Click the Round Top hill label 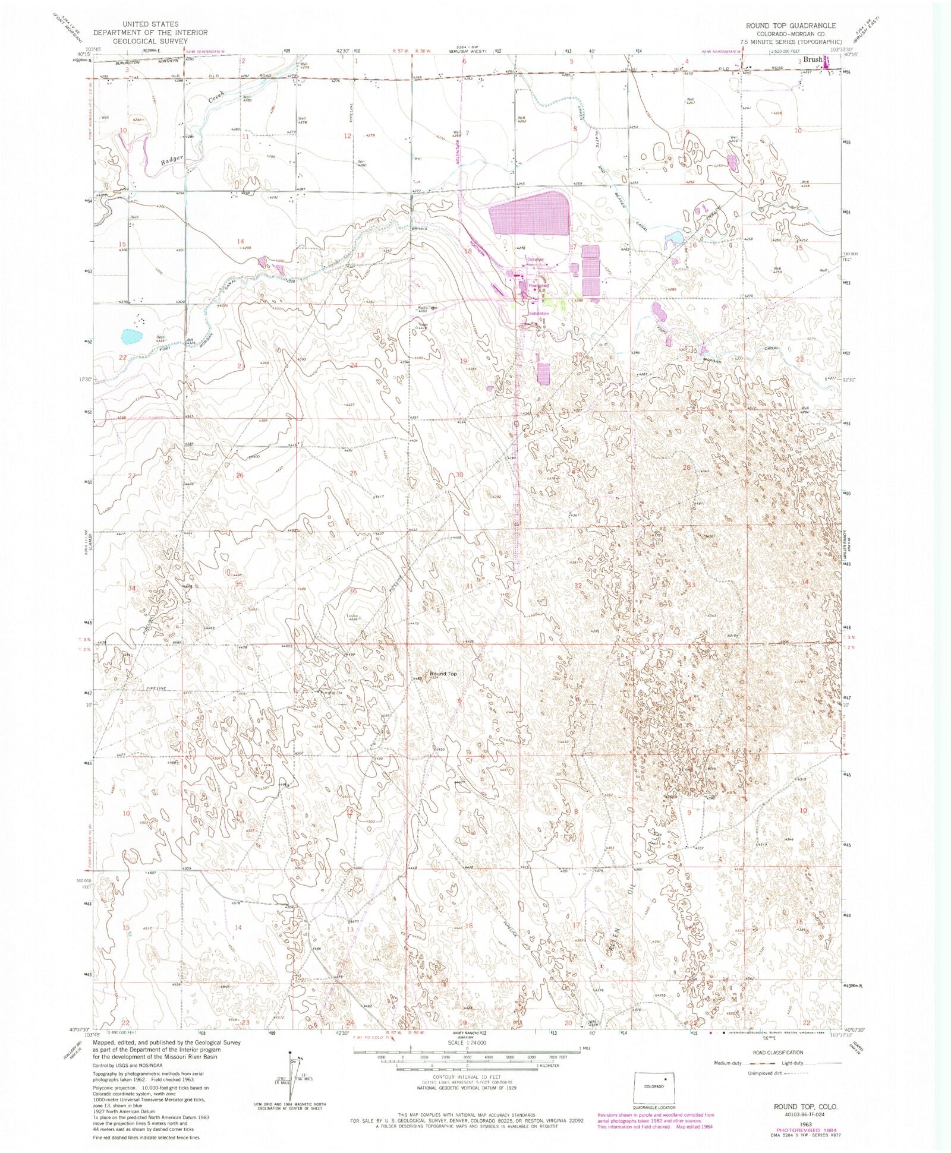tap(443, 674)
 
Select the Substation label tap(539, 313)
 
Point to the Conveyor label tap(535, 259)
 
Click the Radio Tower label tap(427, 308)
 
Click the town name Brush tap(813, 60)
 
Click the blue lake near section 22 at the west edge tap(131, 337)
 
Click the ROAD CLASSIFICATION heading tap(777, 1052)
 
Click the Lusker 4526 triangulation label tap(353, 617)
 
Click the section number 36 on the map tap(353, 590)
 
